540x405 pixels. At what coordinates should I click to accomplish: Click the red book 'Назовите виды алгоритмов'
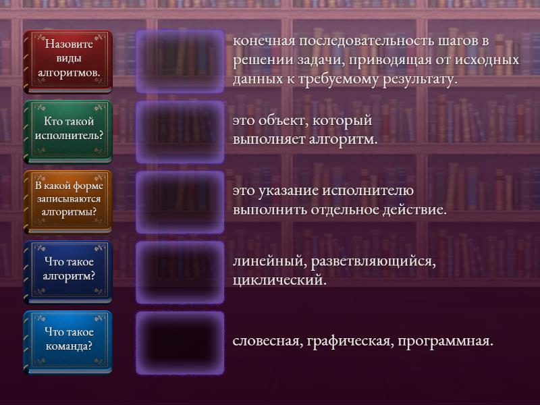click(x=68, y=61)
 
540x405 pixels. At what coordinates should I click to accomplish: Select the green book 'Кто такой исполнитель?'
click(x=68, y=132)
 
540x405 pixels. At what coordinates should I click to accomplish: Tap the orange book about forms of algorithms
click(x=68, y=202)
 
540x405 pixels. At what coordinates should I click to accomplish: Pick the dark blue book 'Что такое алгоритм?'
click(x=68, y=273)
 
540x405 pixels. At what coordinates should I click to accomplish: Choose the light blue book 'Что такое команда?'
click(x=68, y=343)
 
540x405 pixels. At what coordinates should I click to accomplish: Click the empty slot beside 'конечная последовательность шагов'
click(x=180, y=61)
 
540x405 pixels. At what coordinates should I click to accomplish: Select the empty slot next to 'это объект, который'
click(x=180, y=132)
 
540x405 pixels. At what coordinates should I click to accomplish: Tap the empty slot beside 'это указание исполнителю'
click(x=180, y=202)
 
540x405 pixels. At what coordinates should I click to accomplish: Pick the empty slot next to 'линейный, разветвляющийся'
click(x=180, y=273)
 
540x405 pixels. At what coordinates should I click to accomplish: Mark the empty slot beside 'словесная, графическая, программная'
click(x=180, y=343)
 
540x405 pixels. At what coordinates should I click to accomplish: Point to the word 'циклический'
click(x=279, y=280)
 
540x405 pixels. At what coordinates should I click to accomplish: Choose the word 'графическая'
click(x=350, y=342)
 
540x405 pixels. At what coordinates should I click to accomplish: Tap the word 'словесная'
click(x=267, y=341)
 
